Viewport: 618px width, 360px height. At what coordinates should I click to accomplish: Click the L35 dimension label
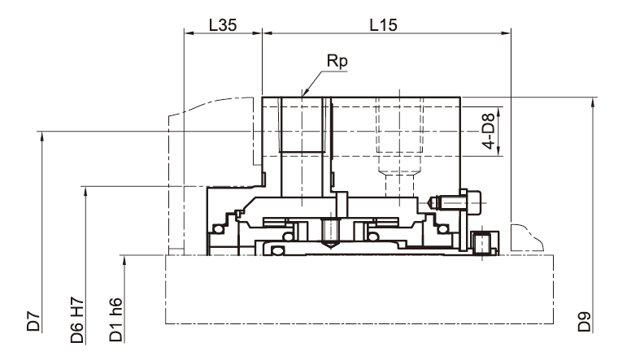click(223, 25)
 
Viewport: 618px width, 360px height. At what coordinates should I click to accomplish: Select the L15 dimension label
click(384, 25)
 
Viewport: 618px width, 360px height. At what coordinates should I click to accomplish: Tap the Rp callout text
click(337, 62)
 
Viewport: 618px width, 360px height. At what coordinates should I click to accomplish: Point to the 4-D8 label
click(489, 131)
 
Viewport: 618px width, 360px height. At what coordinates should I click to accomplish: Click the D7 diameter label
click(33, 321)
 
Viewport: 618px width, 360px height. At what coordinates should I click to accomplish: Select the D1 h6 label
click(115, 320)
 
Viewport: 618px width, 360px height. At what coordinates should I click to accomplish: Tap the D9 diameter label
click(585, 322)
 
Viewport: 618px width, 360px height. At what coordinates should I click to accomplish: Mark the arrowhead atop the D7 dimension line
click(41, 136)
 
